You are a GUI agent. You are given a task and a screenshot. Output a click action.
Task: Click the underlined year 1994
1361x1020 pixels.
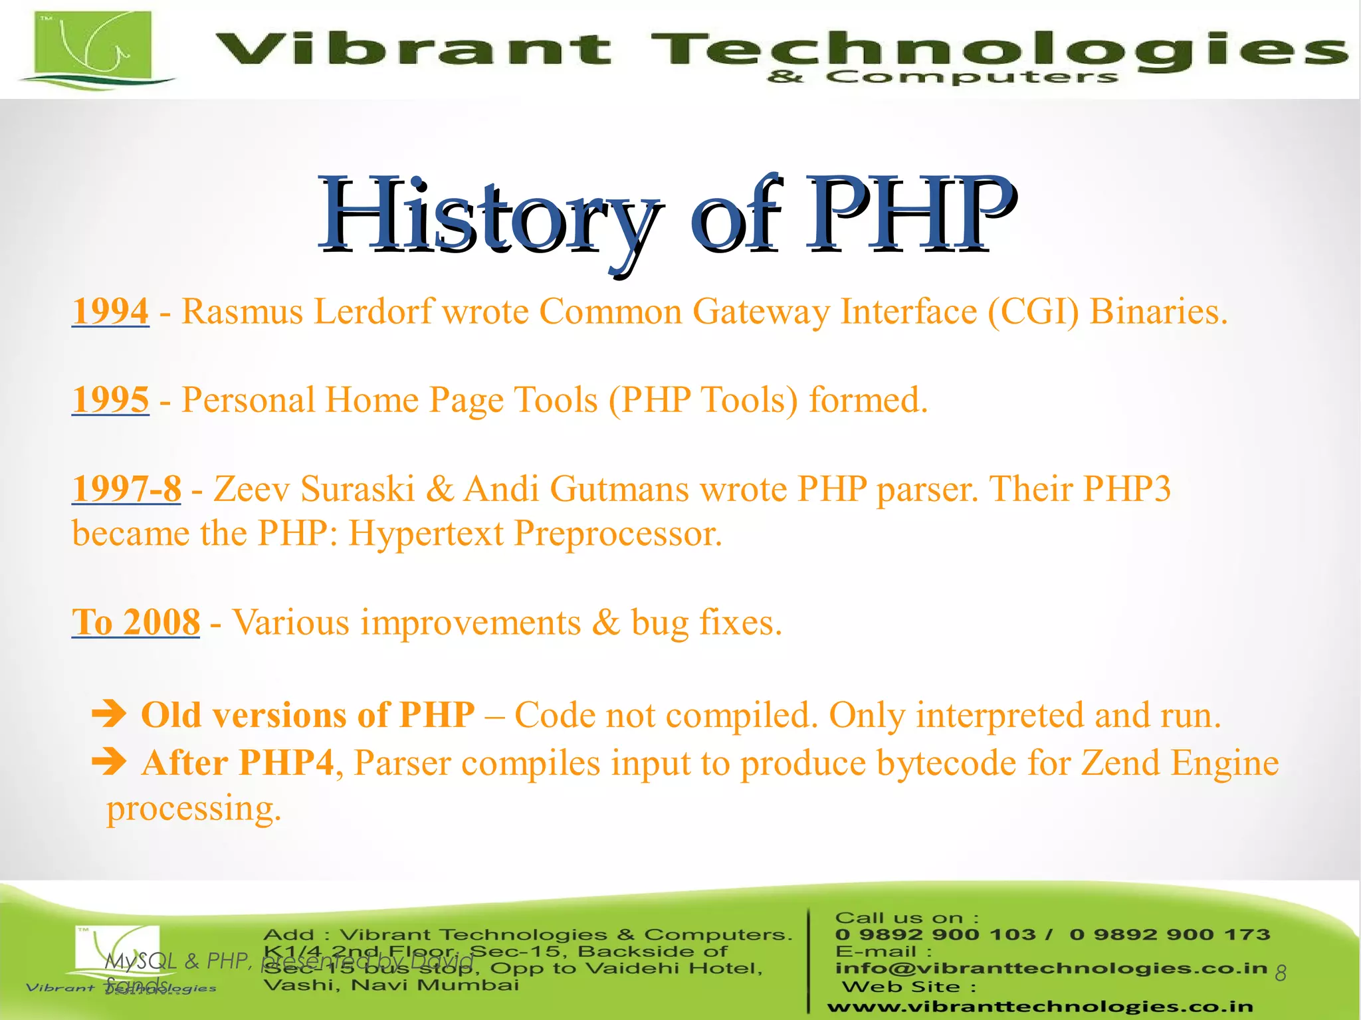110,311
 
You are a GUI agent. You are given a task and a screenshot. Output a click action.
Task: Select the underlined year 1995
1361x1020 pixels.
110,400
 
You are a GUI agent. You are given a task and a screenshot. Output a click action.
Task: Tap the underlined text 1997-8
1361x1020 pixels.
126,489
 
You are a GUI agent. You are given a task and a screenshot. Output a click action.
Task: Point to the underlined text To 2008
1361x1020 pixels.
136,623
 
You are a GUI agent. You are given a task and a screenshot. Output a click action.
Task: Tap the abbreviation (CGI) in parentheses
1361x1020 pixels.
1033,311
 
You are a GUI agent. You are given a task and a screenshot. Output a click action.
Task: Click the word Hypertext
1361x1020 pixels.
426,534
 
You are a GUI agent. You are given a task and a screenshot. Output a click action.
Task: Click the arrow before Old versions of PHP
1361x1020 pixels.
109,714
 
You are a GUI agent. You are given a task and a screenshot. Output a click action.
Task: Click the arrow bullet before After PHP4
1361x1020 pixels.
109,762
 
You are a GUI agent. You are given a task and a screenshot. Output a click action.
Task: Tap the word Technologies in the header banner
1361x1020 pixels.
997,50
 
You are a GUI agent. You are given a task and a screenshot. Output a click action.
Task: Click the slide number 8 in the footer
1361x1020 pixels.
1281,973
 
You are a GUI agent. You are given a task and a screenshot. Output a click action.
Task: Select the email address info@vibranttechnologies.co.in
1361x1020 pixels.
1051,968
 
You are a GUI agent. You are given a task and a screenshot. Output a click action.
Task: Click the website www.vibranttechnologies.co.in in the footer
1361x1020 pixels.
1040,1007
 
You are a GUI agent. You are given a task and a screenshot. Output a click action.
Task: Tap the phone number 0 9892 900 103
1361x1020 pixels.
935,935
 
